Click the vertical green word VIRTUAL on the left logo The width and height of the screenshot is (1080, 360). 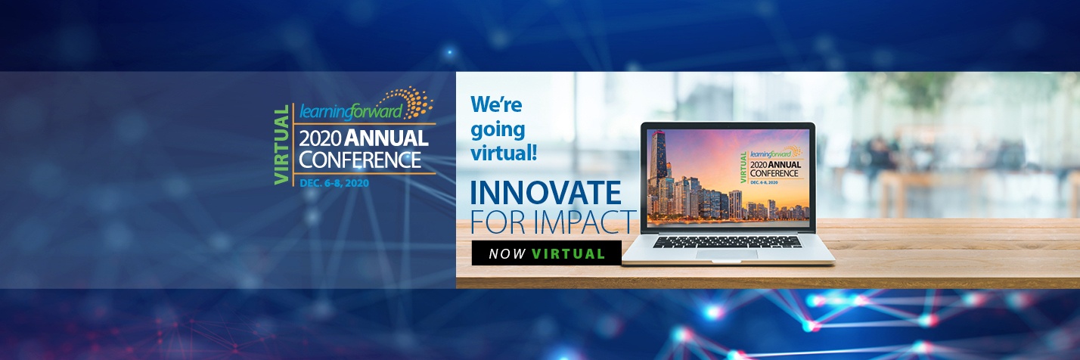click(x=281, y=144)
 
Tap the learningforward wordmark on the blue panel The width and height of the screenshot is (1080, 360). click(x=351, y=112)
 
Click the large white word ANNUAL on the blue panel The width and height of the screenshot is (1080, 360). click(x=386, y=138)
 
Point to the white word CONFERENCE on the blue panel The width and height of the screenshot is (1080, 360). click(x=360, y=160)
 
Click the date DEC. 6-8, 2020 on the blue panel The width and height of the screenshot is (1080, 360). click(x=334, y=183)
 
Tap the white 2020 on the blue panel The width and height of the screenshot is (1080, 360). click(x=321, y=139)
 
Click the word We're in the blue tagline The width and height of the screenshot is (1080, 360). click(x=496, y=104)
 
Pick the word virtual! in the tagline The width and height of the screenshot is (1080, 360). click(x=504, y=154)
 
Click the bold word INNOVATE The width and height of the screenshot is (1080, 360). click(x=545, y=193)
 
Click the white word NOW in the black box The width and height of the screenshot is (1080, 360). click(x=507, y=254)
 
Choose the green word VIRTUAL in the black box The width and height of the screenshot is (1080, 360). click(x=569, y=254)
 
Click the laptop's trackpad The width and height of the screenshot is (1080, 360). click(x=726, y=254)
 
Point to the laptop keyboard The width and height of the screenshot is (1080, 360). click(x=727, y=242)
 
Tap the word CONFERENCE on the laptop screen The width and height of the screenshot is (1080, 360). click(x=774, y=173)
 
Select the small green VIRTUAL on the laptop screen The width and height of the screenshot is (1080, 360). click(x=743, y=167)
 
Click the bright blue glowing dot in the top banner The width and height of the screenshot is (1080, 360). click(x=450, y=51)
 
